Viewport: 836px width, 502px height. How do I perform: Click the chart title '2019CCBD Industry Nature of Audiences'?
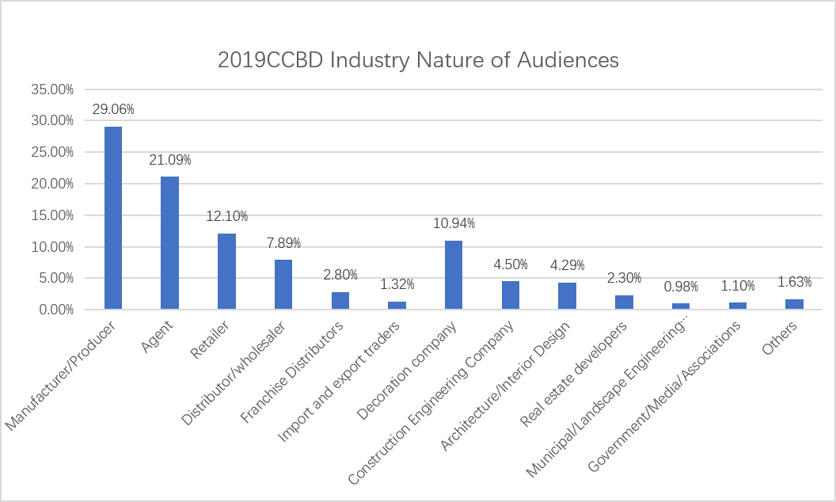tap(418, 60)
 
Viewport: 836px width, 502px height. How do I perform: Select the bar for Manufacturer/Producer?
tap(113, 218)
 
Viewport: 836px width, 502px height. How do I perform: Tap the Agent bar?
tap(170, 242)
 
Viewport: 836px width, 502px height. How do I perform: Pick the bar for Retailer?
tap(227, 271)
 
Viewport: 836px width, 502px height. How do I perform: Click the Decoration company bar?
tap(454, 275)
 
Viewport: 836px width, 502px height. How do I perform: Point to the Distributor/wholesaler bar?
tap(283, 284)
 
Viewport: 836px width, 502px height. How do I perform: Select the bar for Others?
tap(794, 304)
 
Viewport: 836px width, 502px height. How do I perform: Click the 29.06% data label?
tap(113, 109)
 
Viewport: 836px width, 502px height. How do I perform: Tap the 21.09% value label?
tap(170, 160)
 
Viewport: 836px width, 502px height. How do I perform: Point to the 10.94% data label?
tap(454, 223)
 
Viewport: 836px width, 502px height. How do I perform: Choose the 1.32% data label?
tap(397, 284)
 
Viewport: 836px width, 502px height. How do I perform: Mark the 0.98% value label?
tap(681, 286)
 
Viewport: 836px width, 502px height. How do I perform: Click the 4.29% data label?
tap(568, 265)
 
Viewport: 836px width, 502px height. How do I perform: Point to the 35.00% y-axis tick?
tap(52, 89)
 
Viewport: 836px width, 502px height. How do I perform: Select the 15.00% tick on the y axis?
tap(52, 215)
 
